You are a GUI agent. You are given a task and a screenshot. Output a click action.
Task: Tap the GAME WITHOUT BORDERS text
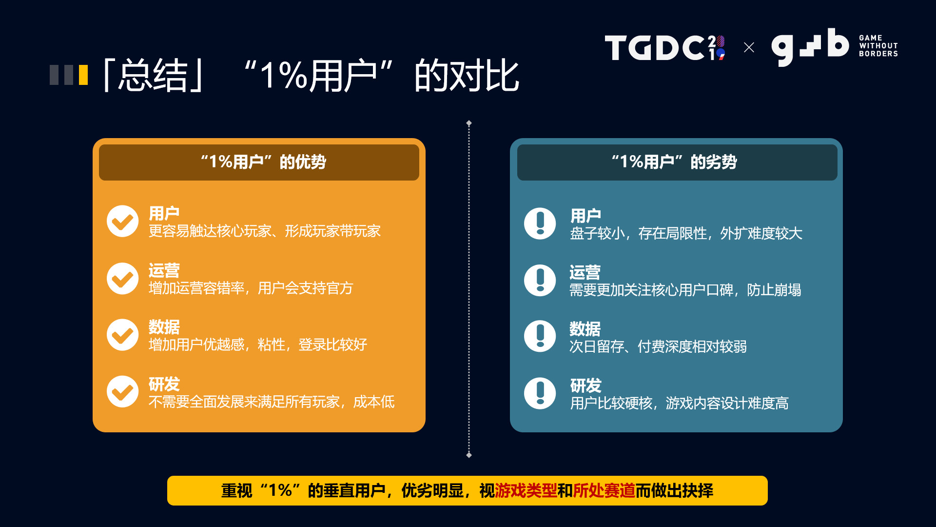tap(878, 46)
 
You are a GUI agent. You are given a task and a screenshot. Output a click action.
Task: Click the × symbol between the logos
tap(749, 47)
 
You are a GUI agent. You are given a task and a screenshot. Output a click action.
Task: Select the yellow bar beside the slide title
tap(83, 75)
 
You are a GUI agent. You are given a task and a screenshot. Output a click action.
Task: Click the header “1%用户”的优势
tap(263, 162)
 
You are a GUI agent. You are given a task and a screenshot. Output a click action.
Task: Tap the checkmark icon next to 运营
tap(123, 279)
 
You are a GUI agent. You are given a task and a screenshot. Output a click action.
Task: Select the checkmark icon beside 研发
tap(123, 391)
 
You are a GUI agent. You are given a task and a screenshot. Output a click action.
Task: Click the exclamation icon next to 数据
tap(540, 336)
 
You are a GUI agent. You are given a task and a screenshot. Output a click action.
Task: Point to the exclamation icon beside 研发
tap(540, 393)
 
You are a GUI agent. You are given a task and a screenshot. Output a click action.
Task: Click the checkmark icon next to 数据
tap(123, 335)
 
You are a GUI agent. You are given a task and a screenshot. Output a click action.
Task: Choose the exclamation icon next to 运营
tap(540, 280)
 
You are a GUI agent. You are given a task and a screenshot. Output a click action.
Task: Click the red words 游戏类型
tap(526, 490)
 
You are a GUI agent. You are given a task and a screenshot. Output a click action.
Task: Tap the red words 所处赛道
tap(604, 490)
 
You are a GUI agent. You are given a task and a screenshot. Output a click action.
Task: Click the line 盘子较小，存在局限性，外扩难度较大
tap(686, 234)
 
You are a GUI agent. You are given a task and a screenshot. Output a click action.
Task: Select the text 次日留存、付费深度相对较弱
tap(658, 347)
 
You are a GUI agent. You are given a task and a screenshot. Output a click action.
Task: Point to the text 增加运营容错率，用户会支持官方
tap(251, 288)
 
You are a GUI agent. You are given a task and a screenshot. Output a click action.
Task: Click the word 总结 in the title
tap(153, 76)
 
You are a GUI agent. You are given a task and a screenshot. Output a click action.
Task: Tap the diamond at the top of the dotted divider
tap(469, 123)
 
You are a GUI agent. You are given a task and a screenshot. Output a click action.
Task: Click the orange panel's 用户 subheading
tap(164, 214)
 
